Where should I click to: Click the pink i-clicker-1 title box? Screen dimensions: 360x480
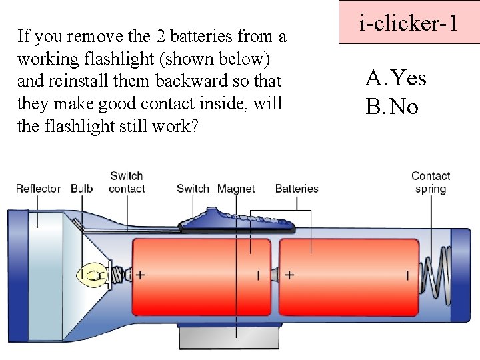click(409, 23)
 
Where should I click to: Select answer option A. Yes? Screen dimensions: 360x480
click(395, 79)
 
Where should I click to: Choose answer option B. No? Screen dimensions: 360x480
click(392, 105)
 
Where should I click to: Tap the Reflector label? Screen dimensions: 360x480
click(38, 189)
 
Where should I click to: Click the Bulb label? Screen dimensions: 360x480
click(81, 189)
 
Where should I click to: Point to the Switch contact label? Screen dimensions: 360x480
click(127, 182)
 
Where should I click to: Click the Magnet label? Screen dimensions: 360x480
click(236, 189)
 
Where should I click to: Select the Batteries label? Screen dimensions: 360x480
click(297, 189)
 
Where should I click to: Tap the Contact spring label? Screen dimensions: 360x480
click(430, 182)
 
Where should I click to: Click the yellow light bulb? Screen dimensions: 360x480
click(91, 274)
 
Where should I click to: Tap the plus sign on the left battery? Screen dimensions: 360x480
click(141, 274)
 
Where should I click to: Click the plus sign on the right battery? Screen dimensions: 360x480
click(290, 274)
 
